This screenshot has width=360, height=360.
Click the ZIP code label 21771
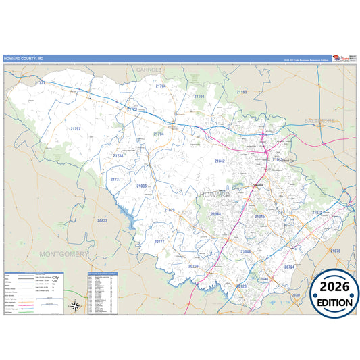pyautogui.click(x=40, y=82)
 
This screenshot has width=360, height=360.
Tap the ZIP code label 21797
pyautogui.click(x=75, y=128)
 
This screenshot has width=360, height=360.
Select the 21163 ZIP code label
pyautogui.click(x=242, y=92)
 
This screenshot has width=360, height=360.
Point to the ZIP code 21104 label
pyautogui.click(x=199, y=97)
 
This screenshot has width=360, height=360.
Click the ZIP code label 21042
pyautogui.click(x=220, y=161)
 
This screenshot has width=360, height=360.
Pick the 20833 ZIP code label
pyautogui.click(x=102, y=221)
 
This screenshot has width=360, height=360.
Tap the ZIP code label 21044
pyautogui.click(x=215, y=214)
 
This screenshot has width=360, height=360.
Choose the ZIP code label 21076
pyautogui.click(x=335, y=251)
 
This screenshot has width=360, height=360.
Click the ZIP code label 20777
pyautogui.click(x=159, y=241)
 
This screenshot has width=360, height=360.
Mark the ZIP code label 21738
pyautogui.click(x=118, y=156)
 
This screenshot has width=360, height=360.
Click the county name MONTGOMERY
pyautogui.click(x=65, y=254)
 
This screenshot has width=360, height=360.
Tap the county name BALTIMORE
pyautogui.click(x=319, y=120)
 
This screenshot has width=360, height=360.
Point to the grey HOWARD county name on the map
pyautogui.click(x=215, y=194)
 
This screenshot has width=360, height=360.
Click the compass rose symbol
pyautogui.click(x=76, y=306)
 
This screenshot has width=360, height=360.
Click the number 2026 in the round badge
pyautogui.click(x=335, y=287)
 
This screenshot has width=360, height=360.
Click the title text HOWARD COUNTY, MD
pyautogui.click(x=24, y=59)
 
